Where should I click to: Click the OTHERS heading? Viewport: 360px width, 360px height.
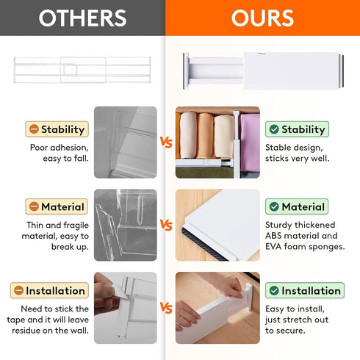click(x=82, y=18)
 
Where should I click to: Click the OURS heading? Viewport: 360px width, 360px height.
click(x=262, y=18)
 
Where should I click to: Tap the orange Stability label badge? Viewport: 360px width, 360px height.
click(x=57, y=129)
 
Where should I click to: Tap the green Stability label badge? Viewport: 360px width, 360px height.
click(x=296, y=129)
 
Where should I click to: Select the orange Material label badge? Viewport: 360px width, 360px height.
click(x=57, y=207)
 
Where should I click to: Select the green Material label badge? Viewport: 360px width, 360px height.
click(x=296, y=207)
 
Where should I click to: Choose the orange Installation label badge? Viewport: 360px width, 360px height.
click(x=57, y=290)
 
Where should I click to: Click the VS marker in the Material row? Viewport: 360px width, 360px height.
click(x=166, y=225)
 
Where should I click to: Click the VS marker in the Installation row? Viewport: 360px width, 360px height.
click(x=166, y=308)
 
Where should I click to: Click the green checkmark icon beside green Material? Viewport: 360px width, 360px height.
click(x=274, y=207)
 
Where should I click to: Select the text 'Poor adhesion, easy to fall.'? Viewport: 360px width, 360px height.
click(x=60, y=151)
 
